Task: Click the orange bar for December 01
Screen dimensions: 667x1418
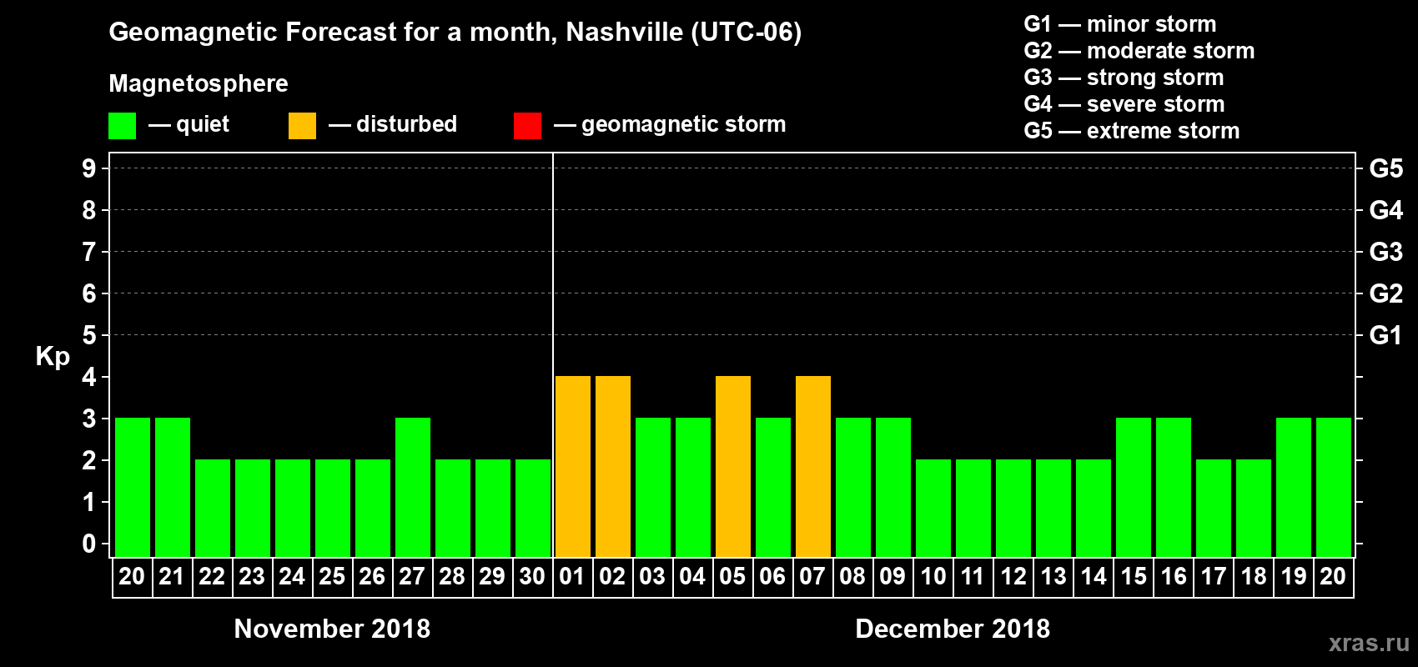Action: pos(573,466)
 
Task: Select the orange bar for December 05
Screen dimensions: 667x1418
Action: pos(733,466)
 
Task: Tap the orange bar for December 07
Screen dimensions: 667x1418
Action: pos(813,466)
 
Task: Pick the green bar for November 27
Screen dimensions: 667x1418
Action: pos(413,487)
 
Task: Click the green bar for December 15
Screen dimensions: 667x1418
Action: pos(1134,487)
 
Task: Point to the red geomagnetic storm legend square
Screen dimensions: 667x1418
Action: pos(527,126)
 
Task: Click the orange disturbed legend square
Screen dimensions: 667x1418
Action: pos(302,126)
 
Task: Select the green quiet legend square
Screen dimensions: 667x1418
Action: pos(122,126)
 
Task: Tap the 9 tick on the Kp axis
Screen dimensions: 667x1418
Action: pos(89,168)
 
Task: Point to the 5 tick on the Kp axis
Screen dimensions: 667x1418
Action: pos(89,335)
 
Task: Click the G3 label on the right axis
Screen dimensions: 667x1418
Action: pos(1385,252)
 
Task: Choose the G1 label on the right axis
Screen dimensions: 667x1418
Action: pos(1385,335)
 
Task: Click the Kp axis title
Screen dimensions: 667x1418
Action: pos(53,357)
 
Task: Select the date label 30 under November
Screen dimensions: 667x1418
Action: pos(532,576)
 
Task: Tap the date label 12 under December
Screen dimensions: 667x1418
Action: pos(1013,576)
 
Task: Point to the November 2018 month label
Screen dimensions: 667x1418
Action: pos(332,629)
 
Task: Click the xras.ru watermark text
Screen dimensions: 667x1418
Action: pos(1369,643)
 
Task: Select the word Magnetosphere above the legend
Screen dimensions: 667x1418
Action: pos(199,83)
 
